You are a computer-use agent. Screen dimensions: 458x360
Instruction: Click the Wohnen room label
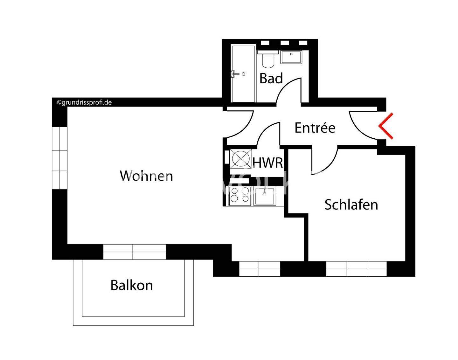tap(146, 176)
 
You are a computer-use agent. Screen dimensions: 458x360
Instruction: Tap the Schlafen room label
tap(351, 204)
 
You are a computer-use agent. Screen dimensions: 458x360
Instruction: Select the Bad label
tap(271, 78)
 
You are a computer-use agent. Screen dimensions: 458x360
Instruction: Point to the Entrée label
tap(315, 128)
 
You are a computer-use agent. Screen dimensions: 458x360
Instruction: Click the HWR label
tap(267, 163)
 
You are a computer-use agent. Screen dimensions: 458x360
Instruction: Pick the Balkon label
tap(132, 285)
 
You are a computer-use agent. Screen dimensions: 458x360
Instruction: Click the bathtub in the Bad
tap(243, 74)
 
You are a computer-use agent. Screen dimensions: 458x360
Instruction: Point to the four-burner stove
tap(240, 195)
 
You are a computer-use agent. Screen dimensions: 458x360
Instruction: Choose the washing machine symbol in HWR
tap(241, 158)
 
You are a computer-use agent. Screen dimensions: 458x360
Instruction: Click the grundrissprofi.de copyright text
tap(84, 102)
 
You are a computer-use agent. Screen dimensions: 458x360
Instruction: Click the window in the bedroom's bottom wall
tap(356, 269)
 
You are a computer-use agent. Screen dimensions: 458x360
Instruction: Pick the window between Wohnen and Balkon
tap(135, 252)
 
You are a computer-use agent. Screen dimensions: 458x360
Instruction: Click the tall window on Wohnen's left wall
tap(60, 158)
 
